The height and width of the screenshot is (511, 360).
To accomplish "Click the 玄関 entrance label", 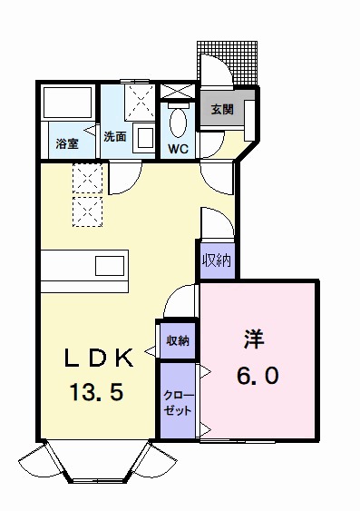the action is point(222,110).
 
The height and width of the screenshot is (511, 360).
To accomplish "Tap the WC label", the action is point(178,149).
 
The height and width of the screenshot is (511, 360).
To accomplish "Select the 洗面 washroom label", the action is point(115,136).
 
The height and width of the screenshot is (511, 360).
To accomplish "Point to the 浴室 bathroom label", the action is point(67,143).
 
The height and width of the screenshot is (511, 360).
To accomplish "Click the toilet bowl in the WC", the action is point(178,123).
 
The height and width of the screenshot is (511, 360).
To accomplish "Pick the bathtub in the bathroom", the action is point(67,103).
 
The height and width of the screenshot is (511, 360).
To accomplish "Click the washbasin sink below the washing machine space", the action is point(143,139).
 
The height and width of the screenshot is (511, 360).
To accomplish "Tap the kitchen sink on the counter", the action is point(110,266).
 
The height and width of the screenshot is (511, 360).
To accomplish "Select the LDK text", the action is point(99,358).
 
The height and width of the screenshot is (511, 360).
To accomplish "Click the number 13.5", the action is point(96,392).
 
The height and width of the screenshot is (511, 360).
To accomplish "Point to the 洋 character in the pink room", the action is point(254,339).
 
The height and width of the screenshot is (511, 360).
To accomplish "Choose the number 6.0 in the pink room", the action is point(258,375).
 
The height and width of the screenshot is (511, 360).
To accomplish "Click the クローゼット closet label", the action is point(178,403).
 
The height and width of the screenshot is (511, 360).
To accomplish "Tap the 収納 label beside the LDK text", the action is point(178,341).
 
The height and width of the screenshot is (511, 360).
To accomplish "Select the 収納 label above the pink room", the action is point(217,260).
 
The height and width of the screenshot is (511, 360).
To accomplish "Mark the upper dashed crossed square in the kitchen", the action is point(88,178).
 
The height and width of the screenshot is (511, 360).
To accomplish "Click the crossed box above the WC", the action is point(178,91).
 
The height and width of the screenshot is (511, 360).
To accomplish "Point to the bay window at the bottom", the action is point(98,462).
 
